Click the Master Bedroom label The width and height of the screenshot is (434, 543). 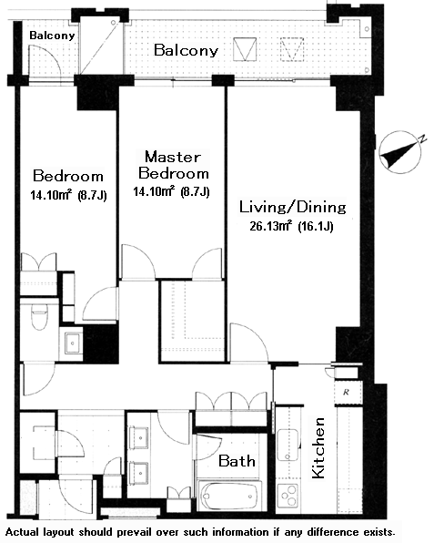173,165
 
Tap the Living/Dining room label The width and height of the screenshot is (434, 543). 293,207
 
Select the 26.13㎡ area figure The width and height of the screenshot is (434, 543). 271,226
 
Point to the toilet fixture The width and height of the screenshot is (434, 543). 39,317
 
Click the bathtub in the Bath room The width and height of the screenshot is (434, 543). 227,496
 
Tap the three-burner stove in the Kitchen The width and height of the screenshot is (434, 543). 288,496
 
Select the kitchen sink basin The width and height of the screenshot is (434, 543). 288,445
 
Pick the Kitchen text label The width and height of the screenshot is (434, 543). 318,448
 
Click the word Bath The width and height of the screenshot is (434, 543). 237,461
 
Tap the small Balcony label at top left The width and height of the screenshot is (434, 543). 52,36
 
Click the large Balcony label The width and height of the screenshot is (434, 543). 186,50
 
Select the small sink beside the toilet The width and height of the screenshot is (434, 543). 72,343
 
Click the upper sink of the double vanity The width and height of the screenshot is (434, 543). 140,437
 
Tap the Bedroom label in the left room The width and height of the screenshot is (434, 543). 68,176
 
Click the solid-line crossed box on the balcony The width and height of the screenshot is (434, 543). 245,49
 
